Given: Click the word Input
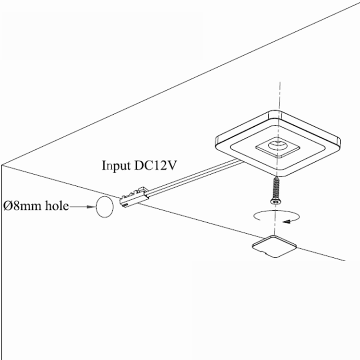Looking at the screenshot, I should point(114,166).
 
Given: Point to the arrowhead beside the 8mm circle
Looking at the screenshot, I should point(92,207).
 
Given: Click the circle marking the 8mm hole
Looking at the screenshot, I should point(105,207).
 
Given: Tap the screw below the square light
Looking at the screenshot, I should point(276,190).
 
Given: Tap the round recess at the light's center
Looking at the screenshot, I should point(276,143).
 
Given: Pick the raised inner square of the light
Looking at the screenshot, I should point(276,145).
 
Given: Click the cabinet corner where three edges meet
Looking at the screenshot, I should point(3,165).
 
